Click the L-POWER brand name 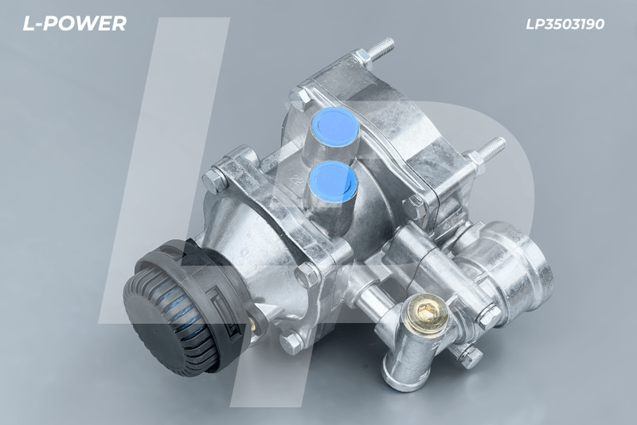(74, 24)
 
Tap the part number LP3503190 (565, 25)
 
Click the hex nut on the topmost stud (363, 60)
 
